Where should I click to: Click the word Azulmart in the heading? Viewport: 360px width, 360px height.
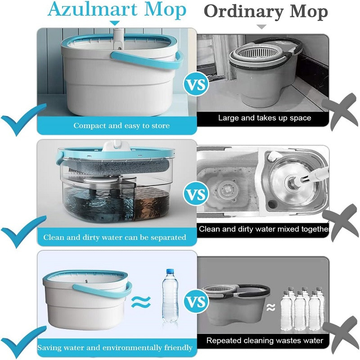[93, 9]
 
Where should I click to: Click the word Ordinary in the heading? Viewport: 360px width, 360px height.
[243, 12]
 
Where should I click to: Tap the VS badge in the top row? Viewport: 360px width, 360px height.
[196, 85]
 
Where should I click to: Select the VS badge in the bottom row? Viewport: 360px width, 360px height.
[196, 301]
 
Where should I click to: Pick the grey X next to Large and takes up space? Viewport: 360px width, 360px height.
[340, 112]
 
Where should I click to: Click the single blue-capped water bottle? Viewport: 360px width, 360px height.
[170, 296]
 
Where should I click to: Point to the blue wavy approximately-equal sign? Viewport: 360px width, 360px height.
[141, 302]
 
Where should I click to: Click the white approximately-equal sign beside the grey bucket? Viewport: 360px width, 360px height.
[271, 307]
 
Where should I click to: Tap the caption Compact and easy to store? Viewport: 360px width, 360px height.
[121, 126]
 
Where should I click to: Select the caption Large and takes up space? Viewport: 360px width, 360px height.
[265, 118]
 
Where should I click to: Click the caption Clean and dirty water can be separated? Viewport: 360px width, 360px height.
[115, 237]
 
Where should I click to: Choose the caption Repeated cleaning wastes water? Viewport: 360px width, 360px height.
[265, 340]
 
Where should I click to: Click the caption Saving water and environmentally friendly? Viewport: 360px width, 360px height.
[115, 347]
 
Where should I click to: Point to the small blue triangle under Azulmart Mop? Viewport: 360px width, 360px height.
[115, 23]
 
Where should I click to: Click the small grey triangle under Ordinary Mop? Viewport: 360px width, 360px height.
[261, 27]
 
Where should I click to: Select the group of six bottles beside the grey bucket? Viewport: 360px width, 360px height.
[303, 308]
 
